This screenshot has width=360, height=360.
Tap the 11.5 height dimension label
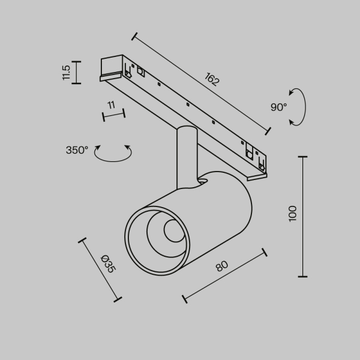pyautogui.click(x=66, y=72)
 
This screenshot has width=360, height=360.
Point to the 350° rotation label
pyautogui.click(x=77, y=150)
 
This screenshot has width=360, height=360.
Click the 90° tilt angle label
pyautogui.click(x=278, y=107)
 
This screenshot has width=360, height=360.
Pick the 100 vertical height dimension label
pyautogui.click(x=292, y=214)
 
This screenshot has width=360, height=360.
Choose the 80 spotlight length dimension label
pyautogui.click(x=222, y=266)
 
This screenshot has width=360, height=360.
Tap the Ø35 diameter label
pyautogui.click(x=108, y=264)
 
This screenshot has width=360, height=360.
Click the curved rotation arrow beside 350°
pyautogui.click(x=114, y=154)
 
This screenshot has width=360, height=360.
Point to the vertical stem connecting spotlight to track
pyautogui.click(x=185, y=156)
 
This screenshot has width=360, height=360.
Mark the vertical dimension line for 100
pyautogui.click(x=303, y=216)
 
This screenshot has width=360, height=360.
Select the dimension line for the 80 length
pyautogui.click(x=224, y=275)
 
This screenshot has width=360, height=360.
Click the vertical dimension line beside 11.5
pyautogui.click(x=76, y=72)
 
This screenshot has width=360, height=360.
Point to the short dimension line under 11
pyautogui.click(x=113, y=114)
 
